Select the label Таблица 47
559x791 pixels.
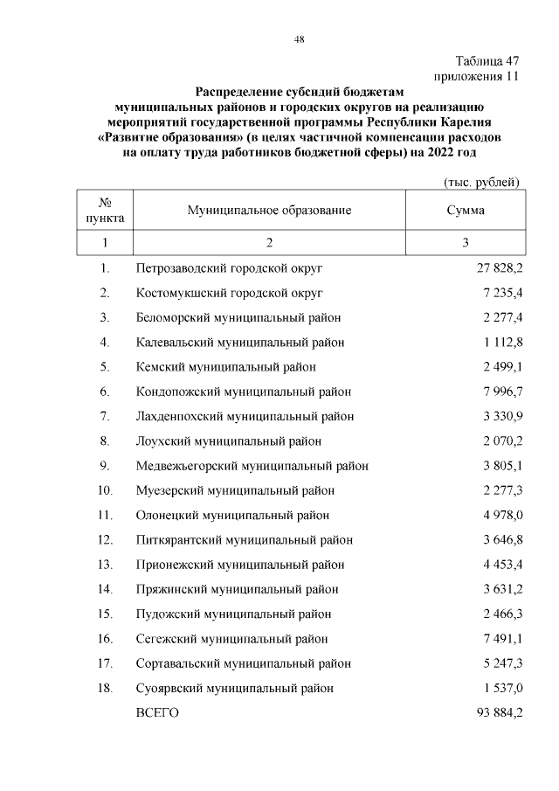tap(487, 61)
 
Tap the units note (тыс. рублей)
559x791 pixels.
tap(478, 182)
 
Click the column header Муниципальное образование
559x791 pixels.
tap(269, 211)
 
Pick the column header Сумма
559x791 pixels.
tap(466, 211)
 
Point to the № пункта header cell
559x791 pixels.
tap(105, 211)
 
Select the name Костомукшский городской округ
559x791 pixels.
tap(230, 292)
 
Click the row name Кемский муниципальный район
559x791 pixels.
tap(226, 366)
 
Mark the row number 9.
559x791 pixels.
tap(104, 466)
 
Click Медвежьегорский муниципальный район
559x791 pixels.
tap(252, 466)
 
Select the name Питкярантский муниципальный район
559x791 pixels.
tap(245, 540)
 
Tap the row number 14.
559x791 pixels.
tap(104, 589)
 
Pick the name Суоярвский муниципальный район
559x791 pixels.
tap(235, 689)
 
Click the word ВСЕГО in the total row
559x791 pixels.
tap(158, 713)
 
